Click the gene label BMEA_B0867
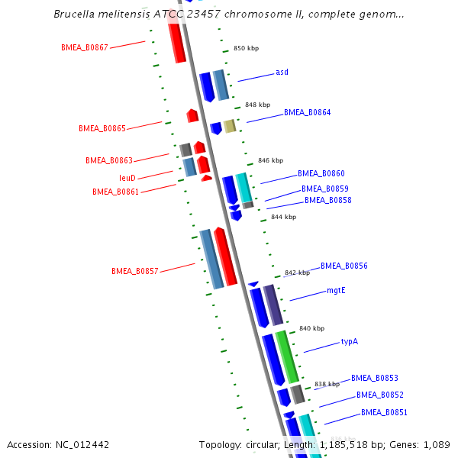[x=84, y=47]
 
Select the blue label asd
[x=282, y=73]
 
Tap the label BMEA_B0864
[x=307, y=112]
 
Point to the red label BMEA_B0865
[x=102, y=128]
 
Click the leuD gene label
[x=127, y=178]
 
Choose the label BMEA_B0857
[x=134, y=271]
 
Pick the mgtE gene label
[x=336, y=290]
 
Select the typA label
[x=350, y=341]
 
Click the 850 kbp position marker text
[x=246, y=48]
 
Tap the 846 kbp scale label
[x=270, y=160]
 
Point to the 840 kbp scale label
[x=311, y=328]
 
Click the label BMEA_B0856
[x=343, y=266]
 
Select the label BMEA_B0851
[x=384, y=412]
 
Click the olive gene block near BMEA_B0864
[x=230, y=126]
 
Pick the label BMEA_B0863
[x=109, y=160]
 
